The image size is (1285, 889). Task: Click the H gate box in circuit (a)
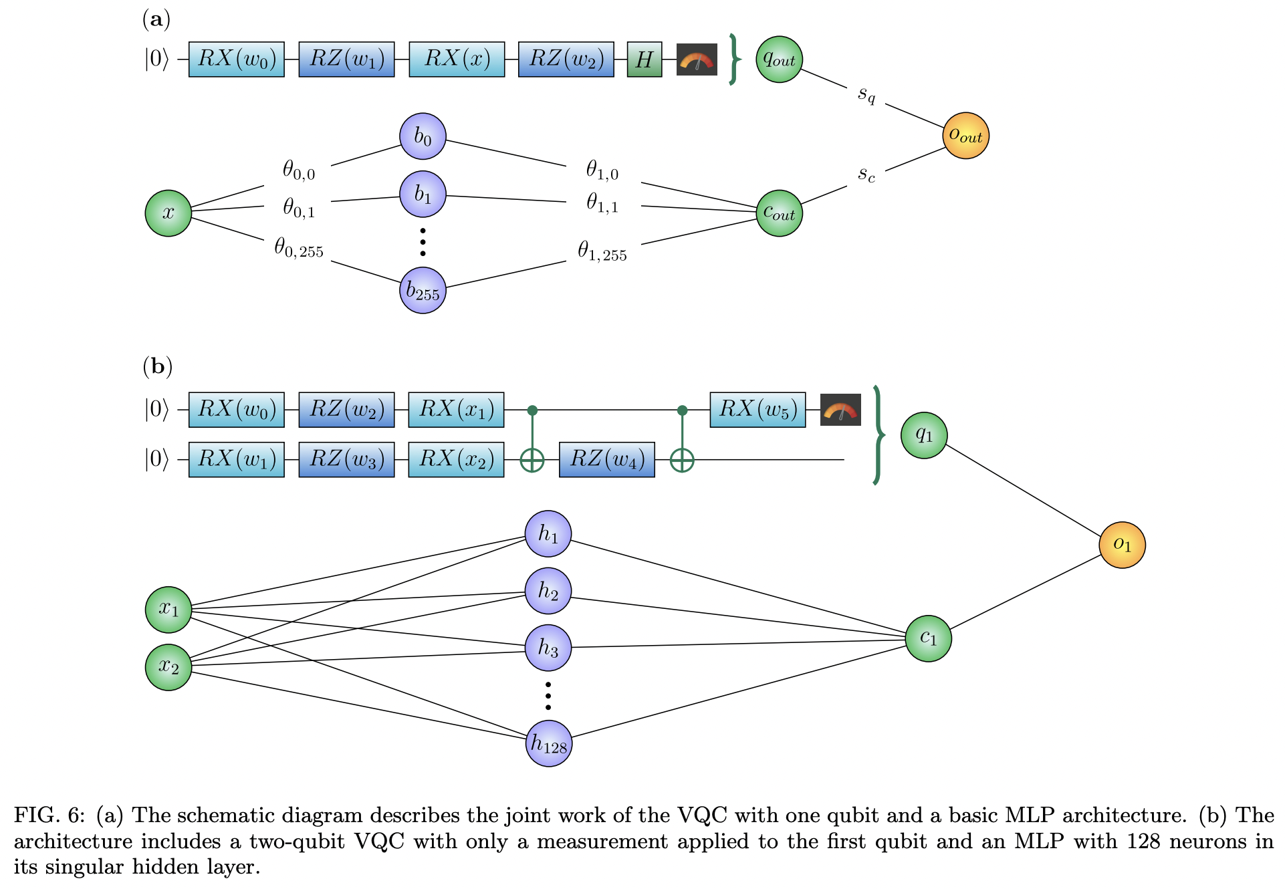click(x=644, y=59)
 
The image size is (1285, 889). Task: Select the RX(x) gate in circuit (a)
click(x=457, y=59)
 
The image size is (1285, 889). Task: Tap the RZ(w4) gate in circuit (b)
click(x=606, y=460)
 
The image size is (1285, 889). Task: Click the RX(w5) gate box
click(x=757, y=410)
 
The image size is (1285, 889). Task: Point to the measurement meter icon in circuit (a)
click(x=696, y=59)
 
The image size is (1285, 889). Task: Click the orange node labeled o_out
click(x=965, y=136)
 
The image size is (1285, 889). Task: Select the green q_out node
click(x=779, y=59)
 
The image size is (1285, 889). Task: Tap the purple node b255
click(x=423, y=290)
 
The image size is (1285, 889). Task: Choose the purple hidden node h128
click(x=548, y=743)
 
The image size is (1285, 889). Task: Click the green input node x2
click(x=168, y=666)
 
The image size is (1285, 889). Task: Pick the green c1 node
click(x=928, y=638)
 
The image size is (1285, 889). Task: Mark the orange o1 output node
click(x=1122, y=545)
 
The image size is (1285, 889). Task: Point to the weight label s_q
click(x=866, y=94)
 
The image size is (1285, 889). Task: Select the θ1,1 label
click(x=602, y=203)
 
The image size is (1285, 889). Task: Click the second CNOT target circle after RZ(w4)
click(x=682, y=460)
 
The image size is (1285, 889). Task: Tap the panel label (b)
click(x=158, y=366)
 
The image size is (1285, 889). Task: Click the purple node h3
click(x=548, y=648)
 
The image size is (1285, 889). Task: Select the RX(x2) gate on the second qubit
click(x=456, y=460)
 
